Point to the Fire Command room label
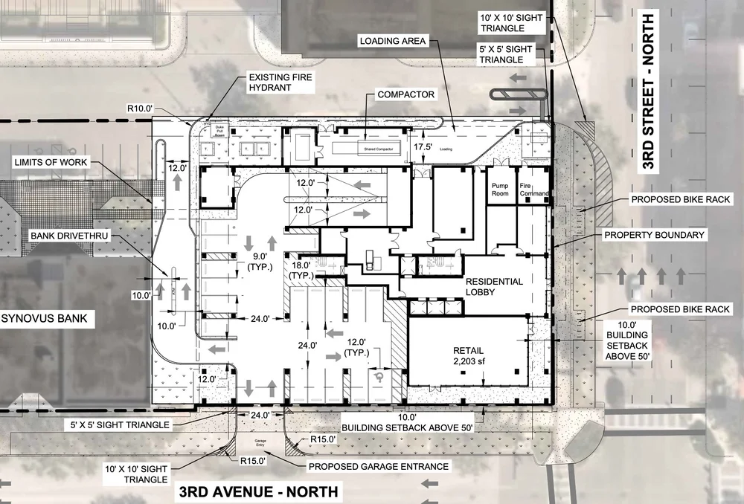534,192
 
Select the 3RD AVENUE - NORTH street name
257,492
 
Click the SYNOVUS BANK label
44,320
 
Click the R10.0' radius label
140,109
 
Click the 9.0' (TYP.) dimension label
260,265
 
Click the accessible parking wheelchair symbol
379,377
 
